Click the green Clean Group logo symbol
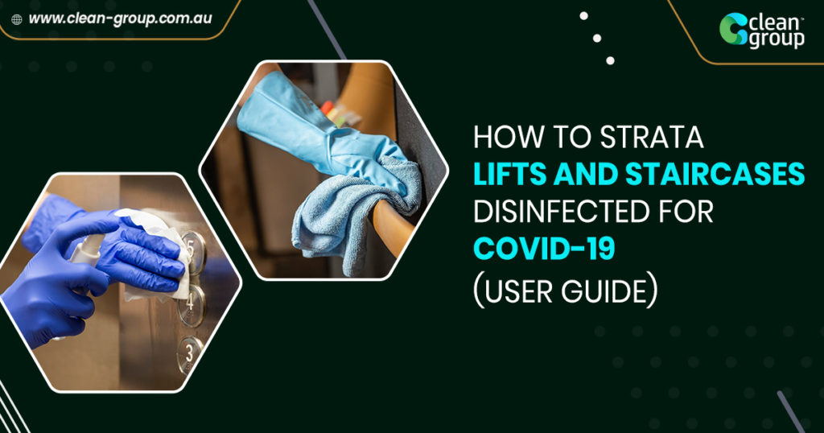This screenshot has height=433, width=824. point(733,29)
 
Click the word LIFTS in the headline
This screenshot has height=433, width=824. point(512,175)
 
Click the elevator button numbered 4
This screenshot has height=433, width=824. point(192,306)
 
